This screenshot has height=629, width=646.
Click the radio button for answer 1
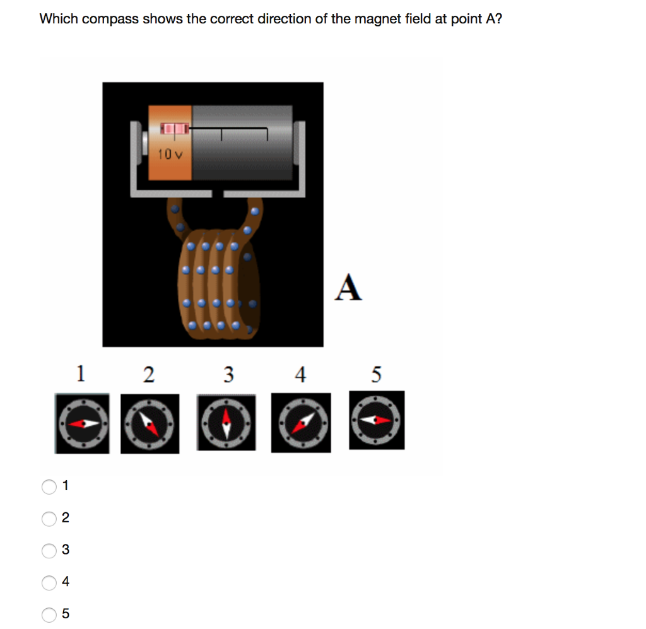pyautogui.click(x=49, y=486)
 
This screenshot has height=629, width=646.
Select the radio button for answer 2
pyautogui.click(x=49, y=519)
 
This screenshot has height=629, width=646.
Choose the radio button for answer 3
pyautogui.click(x=49, y=551)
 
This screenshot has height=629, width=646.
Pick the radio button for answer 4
pyautogui.click(x=49, y=582)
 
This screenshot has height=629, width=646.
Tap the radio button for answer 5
pyautogui.click(x=49, y=614)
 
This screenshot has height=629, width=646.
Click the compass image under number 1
pyautogui.click(x=82, y=423)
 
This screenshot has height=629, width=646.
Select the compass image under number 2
pyautogui.click(x=150, y=423)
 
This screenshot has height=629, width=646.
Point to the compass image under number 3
pyautogui.click(x=226, y=423)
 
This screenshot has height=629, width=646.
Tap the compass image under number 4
pyautogui.click(x=301, y=423)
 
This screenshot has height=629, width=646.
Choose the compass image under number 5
pyautogui.click(x=377, y=420)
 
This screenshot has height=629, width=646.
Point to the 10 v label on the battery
pyautogui.click(x=170, y=154)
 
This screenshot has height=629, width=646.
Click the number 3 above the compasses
pyautogui.click(x=228, y=374)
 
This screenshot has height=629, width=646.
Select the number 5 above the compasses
pyautogui.click(x=376, y=374)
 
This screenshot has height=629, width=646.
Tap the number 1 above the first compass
pyautogui.click(x=80, y=373)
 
